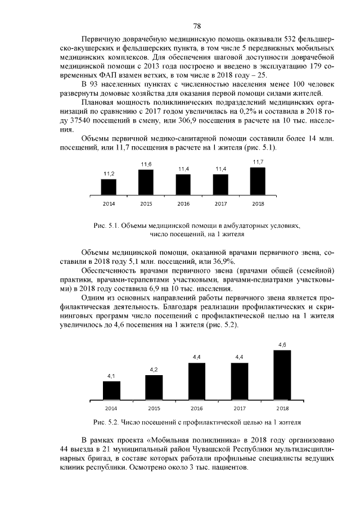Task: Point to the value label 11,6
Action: [x=146, y=164]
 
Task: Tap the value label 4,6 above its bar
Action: [x=282, y=344]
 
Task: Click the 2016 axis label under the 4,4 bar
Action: [x=196, y=408]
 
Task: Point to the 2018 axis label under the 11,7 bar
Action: [x=258, y=203]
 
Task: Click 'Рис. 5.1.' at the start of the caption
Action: [x=106, y=226]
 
